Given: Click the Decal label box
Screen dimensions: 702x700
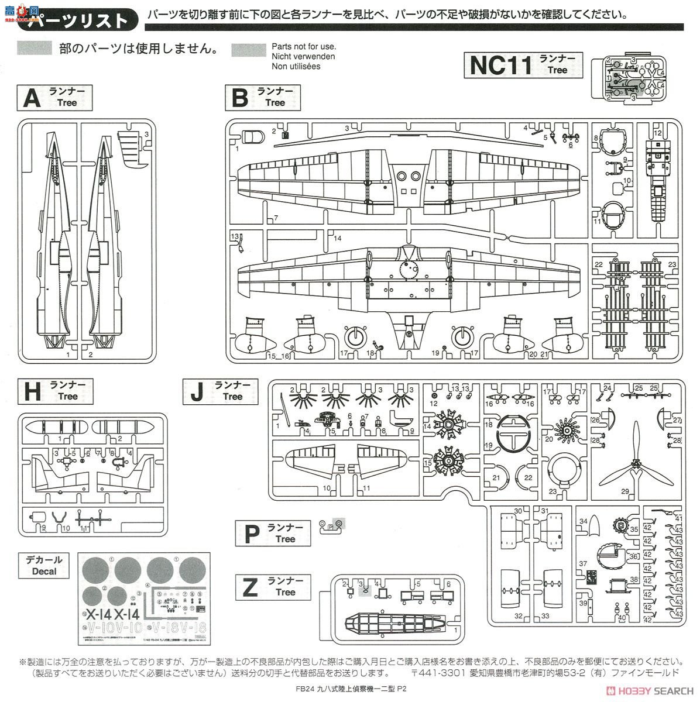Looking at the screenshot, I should tap(44, 565).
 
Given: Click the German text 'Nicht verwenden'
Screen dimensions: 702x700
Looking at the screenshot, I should tap(303, 56).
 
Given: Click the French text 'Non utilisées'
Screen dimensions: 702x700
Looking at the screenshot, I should tap(296, 66).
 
